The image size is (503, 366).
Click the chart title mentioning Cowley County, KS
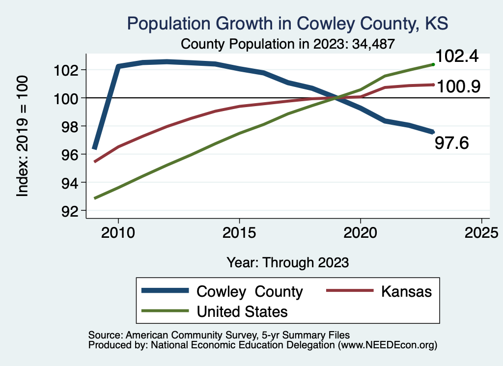point(287,23)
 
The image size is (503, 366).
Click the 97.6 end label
point(452,143)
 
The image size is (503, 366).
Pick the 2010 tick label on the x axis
point(118,232)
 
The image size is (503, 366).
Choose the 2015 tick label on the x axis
point(239,232)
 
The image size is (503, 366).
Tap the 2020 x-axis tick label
point(361,232)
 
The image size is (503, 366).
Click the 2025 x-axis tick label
point(481,232)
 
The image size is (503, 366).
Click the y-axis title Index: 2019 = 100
point(23,136)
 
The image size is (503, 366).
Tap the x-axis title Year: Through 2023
point(288,262)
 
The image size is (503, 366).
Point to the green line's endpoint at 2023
point(433,64)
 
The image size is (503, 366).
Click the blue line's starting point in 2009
point(94,147)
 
